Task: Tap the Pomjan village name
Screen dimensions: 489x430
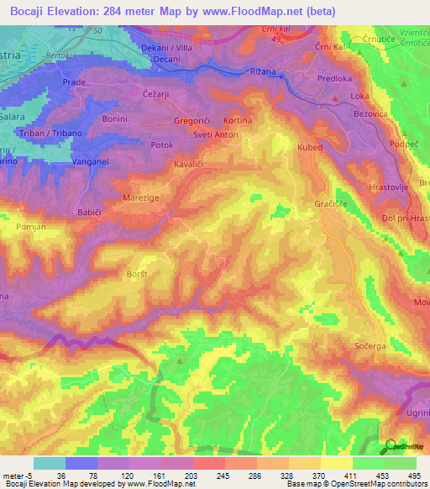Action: point(30,228)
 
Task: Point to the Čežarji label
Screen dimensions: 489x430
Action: point(156,94)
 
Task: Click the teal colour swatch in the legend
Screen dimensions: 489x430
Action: point(49,463)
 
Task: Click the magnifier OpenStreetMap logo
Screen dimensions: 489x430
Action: point(390,446)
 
